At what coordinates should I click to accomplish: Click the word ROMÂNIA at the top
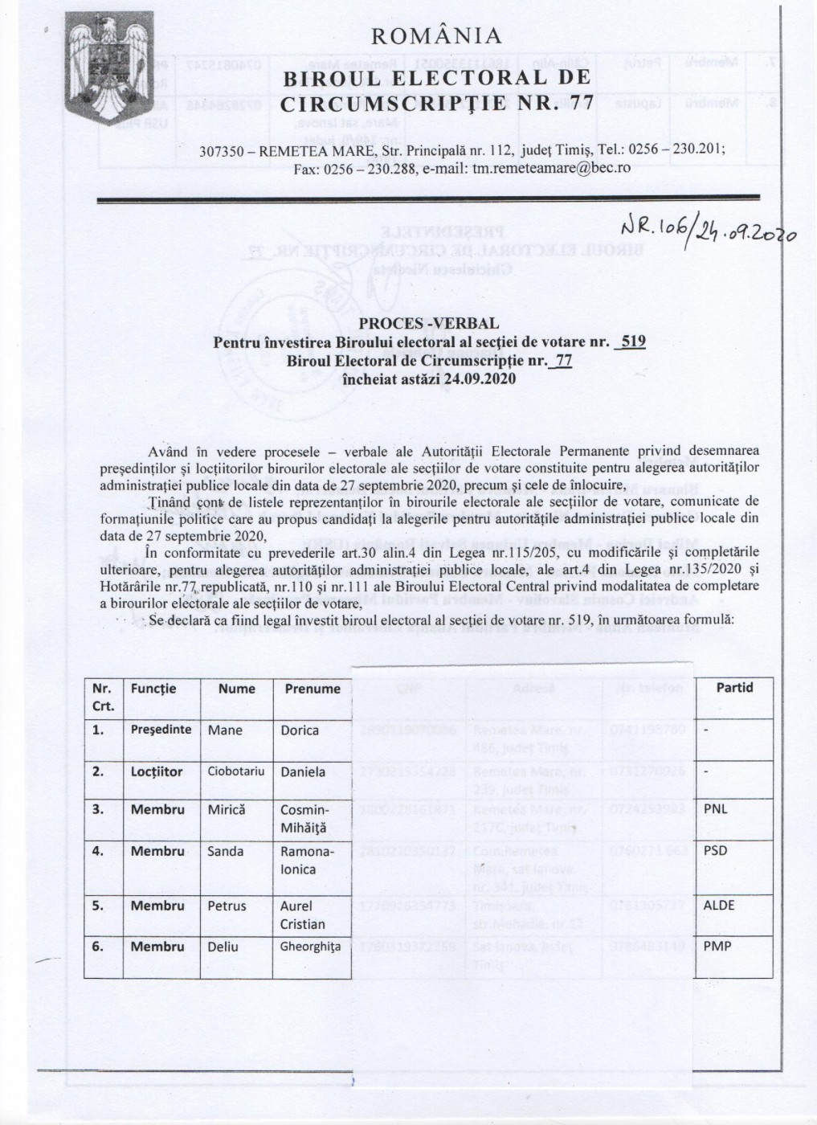[x=437, y=36]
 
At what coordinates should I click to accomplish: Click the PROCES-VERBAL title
[x=429, y=323]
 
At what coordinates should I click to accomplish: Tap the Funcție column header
[x=153, y=689]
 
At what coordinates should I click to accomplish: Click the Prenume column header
[x=313, y=689]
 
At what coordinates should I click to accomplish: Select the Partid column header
[x=734, y=688]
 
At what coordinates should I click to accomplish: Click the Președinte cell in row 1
[x=161, y=730]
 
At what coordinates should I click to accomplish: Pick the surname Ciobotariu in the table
[x=236, y=772]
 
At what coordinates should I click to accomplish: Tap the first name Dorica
[x=300, y=730]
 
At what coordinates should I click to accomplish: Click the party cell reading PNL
[x=716, y=809]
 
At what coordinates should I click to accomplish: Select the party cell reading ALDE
[x=719, y=905]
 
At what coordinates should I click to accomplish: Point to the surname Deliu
[x=223, y=947]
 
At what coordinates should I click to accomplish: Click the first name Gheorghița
[x=310, y=947]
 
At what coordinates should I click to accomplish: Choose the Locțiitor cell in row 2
[x=157, y=771]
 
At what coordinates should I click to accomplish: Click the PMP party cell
[x=717, y=947]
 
